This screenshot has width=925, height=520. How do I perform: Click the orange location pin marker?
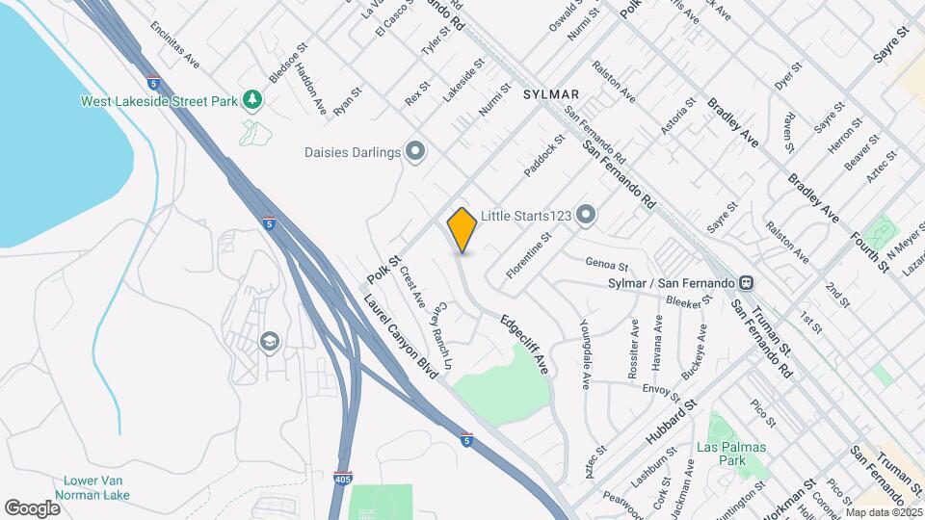pyautogui.click(x=462, y=230)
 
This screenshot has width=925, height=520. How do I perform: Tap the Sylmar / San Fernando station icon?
pyautogui.click(x=745, y=283)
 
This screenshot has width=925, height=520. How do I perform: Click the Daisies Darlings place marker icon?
pyautogui.click(x=415, y=152)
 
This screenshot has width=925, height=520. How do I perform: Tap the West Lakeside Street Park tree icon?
pyautogui.click(x=252, y=100)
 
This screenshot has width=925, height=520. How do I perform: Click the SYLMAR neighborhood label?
pyautogui.click(x=551, y=94)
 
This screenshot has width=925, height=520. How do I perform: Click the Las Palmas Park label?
pyautogui.click(x=734, y=455)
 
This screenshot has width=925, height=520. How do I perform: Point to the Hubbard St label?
pyautogui.click(x=672, y=422)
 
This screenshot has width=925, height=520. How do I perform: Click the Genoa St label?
pyautogui.click(x=607, y=265)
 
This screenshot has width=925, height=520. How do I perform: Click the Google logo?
pyautogui.click(x=32, y=507)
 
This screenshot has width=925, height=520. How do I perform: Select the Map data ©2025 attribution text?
pyautogui.click(x=884, y=511)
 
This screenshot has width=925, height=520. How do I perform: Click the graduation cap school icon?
pyautogui.click(x=270, y=341)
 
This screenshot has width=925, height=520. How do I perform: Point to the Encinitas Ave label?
pyautogui.click(x=174, y=45)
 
